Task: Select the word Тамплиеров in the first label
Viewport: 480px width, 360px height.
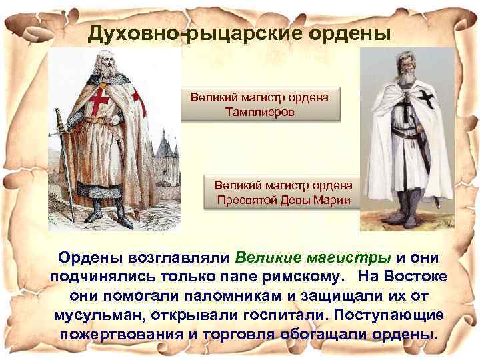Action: pyautogui.click(x=261, y=111)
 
